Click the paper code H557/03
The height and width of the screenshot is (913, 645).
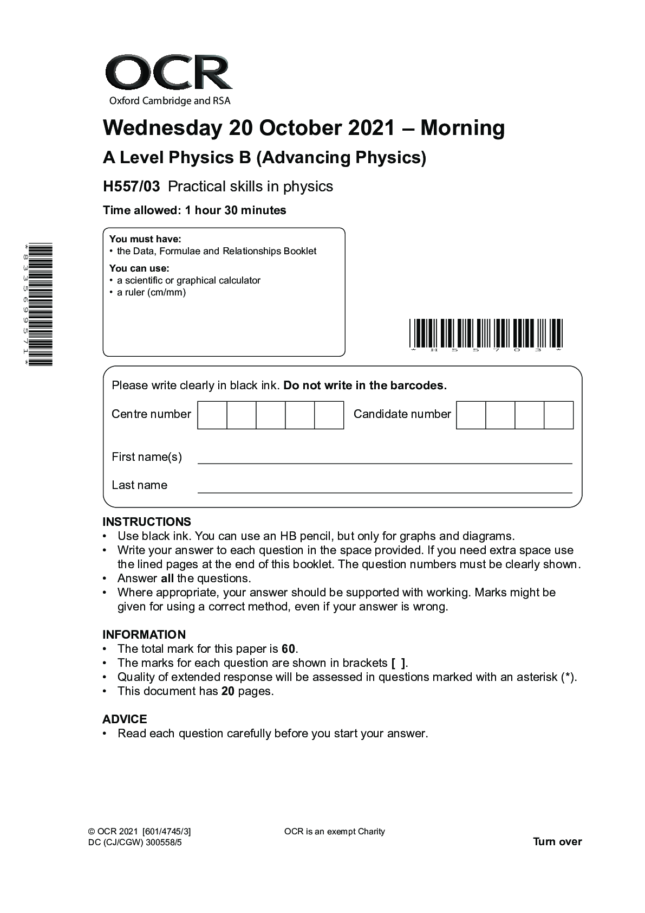click(132, 187)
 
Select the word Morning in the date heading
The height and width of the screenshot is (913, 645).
click(462, 128)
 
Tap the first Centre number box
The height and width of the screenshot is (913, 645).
click(212, 415)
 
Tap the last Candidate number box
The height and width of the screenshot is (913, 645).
click(558, 415)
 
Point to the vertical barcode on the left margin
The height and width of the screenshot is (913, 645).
click(41, 304)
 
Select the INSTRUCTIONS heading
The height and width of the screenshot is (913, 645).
click(147, 522)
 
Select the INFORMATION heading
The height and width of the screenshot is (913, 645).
click(144, 634)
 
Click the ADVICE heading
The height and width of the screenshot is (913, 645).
click(125, 719)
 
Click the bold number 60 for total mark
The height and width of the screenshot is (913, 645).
click(289, 649)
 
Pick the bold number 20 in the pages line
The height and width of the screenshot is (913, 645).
click(228, 691)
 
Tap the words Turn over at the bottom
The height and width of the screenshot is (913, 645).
click(557, 841)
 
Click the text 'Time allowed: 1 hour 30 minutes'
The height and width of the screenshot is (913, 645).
click(194, 210)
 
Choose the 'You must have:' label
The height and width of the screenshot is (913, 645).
click(145, 239)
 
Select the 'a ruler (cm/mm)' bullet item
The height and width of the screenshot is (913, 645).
click(151, 293)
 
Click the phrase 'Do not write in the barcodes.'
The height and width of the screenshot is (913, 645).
click(365, 385)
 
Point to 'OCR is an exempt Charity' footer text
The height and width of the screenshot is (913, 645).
click(334, 832)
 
